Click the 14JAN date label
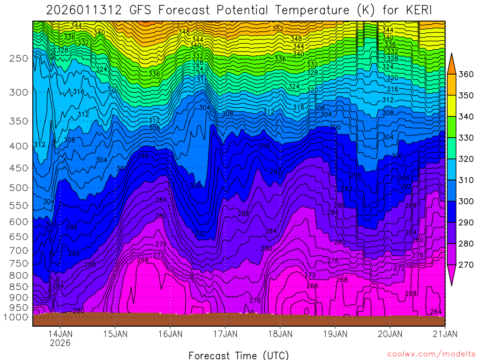coord(60,334)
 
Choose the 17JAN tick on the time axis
coord(225,334)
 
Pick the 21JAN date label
coord(444,334)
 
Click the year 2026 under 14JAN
coord(60,343)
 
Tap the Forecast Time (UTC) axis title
coord(239,355)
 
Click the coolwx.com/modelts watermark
coord(431,354)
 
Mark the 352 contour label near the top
coord(277,29)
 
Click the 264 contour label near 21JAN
coord(436,312)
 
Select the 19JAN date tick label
coord(335,334)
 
